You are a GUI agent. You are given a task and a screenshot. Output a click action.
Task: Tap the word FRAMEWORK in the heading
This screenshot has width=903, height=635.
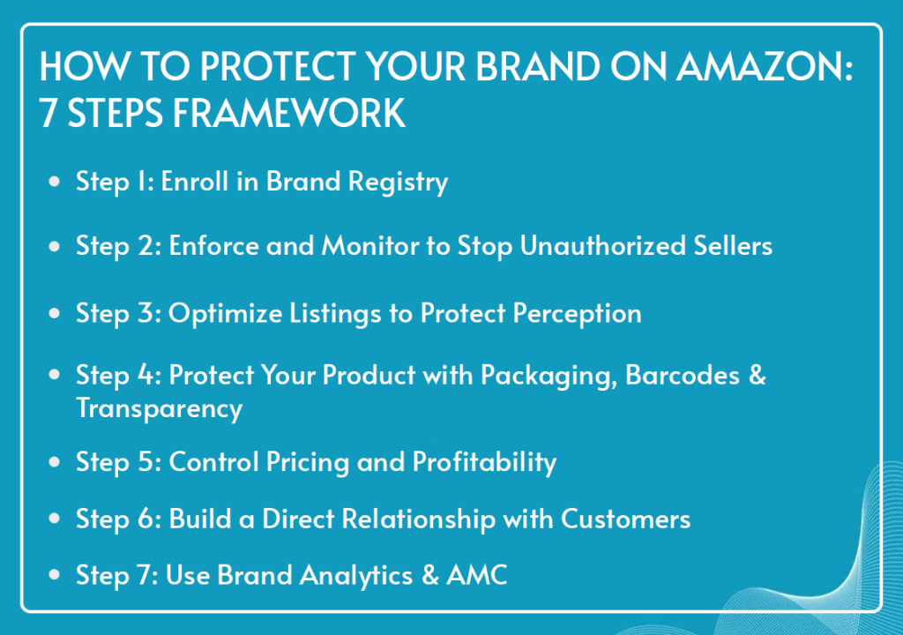coord(289,112)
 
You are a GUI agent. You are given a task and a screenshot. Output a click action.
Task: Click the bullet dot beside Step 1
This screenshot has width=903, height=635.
coord(55,182)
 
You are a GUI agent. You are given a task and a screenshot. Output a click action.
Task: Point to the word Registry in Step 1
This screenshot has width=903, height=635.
coord(398,183)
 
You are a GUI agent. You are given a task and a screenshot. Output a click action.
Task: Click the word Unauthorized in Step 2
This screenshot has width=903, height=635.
coord(603,246)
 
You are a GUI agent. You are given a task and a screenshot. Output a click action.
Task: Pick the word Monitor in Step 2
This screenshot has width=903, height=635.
coord(371,246)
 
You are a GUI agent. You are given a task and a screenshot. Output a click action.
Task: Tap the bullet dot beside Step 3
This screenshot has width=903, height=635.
coord(55,313)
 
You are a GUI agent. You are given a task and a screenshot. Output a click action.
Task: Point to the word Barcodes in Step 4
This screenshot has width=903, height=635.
coord(683,376)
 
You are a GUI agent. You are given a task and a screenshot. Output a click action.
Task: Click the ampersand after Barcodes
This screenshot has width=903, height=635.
coord(757,376)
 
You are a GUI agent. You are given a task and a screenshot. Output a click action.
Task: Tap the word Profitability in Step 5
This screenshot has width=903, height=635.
coord(484,463)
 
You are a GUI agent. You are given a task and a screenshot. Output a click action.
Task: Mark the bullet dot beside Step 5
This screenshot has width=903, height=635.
coord(55,461)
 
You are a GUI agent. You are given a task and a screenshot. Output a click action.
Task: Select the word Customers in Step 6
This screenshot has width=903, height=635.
coord(625,519)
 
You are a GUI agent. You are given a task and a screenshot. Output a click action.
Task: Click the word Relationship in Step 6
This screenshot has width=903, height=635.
coord(419,519)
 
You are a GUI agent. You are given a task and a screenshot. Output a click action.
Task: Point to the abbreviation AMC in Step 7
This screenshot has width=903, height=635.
coord(477,576)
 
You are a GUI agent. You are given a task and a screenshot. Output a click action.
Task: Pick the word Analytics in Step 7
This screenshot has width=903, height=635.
coord(356,576)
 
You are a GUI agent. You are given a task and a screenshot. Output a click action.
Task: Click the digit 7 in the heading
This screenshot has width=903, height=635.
coord(49,113)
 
